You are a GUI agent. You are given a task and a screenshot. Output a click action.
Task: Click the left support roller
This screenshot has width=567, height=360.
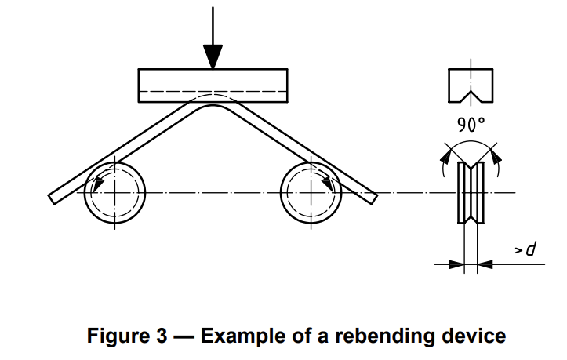coord(114,192)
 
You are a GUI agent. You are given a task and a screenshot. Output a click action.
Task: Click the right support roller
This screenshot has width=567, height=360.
coord(311,192)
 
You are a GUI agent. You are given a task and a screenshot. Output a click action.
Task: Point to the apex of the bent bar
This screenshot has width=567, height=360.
coord(213,105)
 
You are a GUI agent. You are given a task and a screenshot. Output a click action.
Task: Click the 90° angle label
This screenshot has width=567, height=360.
coord(471,125)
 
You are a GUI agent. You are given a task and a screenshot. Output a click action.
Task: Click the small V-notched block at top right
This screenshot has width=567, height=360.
coord(471,85)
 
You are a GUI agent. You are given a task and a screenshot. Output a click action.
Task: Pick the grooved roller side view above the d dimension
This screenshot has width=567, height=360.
coord(471,193)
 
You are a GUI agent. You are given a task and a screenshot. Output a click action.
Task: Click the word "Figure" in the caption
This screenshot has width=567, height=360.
coord(122,336)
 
